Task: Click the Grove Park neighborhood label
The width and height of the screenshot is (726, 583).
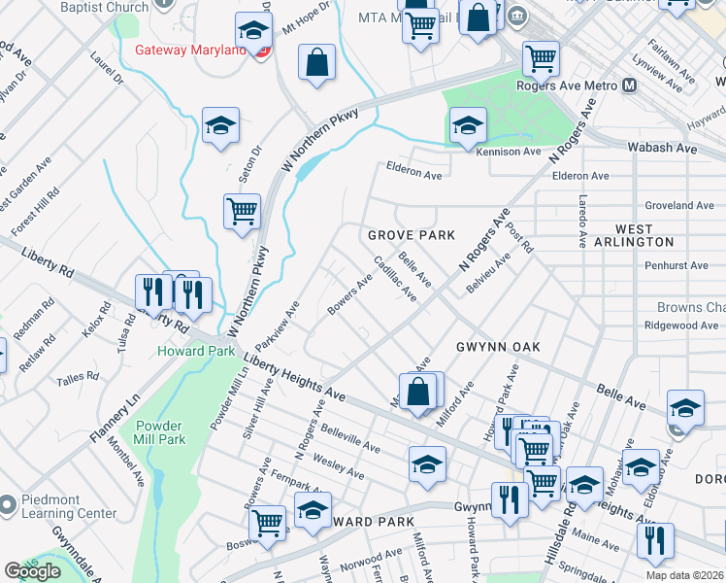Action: point(411,236)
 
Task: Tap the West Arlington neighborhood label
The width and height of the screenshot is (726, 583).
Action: point(644,235)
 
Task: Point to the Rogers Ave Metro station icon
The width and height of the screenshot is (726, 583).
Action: point(630,86)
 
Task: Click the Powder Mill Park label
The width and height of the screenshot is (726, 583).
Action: point(160,432)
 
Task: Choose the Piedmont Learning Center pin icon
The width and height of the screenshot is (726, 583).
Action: point(8,504)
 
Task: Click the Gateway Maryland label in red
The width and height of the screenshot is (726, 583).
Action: point(190,50)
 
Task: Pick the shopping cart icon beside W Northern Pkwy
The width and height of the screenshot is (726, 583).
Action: point(242,211)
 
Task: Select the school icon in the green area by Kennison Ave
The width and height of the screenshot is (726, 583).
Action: point(468,124)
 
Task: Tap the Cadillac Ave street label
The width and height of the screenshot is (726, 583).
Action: point(395,279)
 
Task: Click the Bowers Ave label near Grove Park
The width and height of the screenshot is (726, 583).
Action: point(350,294)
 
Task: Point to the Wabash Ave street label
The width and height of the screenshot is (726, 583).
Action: point(667,149)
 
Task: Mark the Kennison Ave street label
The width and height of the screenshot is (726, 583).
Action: point(508,152)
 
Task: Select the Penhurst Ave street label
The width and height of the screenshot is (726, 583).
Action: point(676,265)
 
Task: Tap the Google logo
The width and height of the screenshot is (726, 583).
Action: point(33,571)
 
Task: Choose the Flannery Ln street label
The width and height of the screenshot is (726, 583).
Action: point(117,418)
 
